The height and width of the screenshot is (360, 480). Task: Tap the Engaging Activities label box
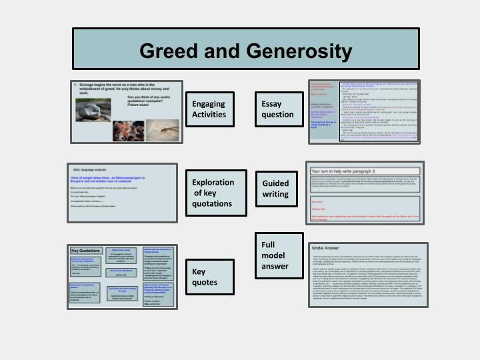(209, 109)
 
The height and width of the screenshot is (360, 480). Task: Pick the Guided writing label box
(276, 189)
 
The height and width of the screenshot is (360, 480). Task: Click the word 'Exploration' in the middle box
(213, 182)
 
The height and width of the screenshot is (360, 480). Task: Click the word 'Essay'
(272, 103)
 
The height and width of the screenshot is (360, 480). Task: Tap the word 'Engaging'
(209, 103)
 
